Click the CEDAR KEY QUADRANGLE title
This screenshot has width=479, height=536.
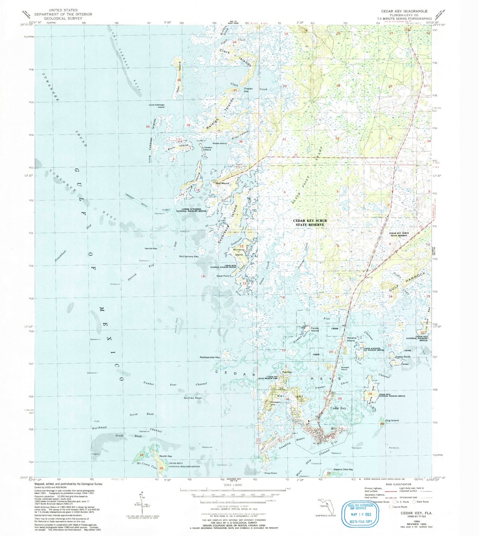pyautogui.click(x=404, y=11)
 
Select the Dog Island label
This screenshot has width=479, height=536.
pyautogui.click(x=392, y=420)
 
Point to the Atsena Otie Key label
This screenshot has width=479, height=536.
pyautogui.click(x=343, y=469)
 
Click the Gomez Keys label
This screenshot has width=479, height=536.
pyautogui.click(x=193, y=398)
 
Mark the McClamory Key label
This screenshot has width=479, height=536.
pyautogui.click(x=189, y=256)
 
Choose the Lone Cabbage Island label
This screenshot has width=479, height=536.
pyautogui.click(x=156, y=106)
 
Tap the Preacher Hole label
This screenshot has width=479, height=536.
pyautogui.click(x=248, y=90)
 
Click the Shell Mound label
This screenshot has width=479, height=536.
pyautogui.click(x=222, y=183)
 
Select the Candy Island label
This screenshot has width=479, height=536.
pyautogui.click(x=315, y=330)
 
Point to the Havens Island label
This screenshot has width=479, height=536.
pyautogui.click(x=351, y=339)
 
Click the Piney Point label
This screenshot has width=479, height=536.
pyautogui.click(x=270, y=473)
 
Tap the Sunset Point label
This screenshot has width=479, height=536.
pyautogui.click(x=345, y=369)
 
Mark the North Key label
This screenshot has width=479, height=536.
pyautogui.click(x=166, y=456)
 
